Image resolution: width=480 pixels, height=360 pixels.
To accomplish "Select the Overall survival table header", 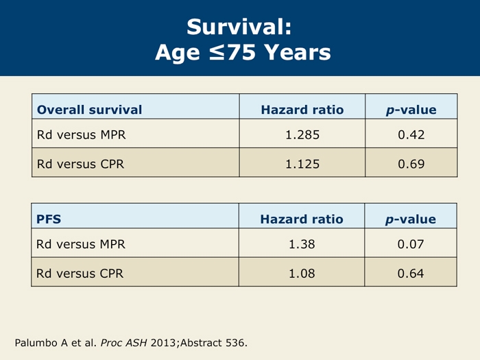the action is point(89,110).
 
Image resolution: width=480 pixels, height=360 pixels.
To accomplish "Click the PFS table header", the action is point(49,219).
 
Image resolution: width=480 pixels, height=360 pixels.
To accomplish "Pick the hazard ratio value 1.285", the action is point(302,134).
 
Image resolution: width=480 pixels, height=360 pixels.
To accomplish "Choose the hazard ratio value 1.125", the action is point(302,164).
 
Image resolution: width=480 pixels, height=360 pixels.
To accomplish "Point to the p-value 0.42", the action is point(411,134).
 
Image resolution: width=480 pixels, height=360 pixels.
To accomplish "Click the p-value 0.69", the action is point(411,164).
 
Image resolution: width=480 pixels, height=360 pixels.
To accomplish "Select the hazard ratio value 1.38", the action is point(302,244).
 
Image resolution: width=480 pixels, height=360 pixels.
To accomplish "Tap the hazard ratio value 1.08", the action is point(302,274).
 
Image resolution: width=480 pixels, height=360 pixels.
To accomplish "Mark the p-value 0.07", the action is point(411,244).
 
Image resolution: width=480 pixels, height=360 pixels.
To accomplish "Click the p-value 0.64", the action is point(411,274).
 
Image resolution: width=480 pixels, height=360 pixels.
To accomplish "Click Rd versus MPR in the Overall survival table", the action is point(81,134).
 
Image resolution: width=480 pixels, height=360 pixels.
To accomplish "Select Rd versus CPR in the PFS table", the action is point(80,274).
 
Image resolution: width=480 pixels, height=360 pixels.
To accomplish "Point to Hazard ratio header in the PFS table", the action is point(302,219).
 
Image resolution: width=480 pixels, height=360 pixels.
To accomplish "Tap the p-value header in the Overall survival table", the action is point(411,110).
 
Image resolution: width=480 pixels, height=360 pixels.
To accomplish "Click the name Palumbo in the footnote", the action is point(36,343).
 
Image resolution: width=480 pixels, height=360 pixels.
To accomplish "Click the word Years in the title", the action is point(297,52).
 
